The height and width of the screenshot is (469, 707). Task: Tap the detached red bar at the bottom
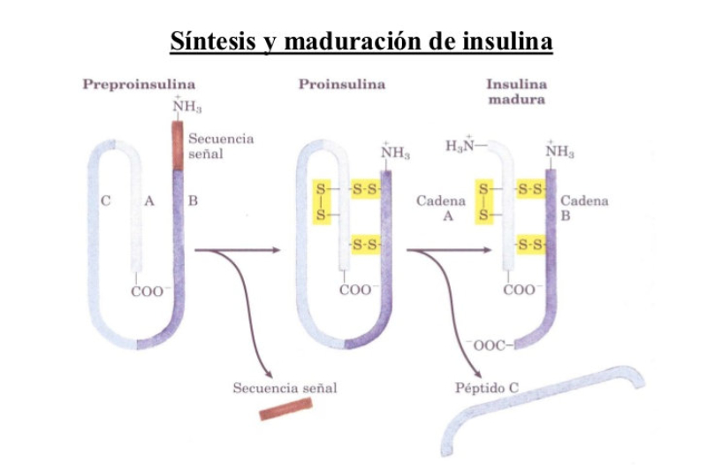click(x=286, y=409)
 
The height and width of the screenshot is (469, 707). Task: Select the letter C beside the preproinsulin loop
click(x=105, y=201)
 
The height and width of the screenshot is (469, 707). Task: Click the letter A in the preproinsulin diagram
click(x=149, y=201)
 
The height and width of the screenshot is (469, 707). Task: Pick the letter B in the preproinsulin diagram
click(x=193, y=201)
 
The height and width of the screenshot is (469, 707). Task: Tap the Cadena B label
click(x=584, y=208)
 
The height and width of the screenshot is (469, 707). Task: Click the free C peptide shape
click(x=539, y=409)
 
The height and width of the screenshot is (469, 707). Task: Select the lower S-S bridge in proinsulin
click(x=365, y=244)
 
